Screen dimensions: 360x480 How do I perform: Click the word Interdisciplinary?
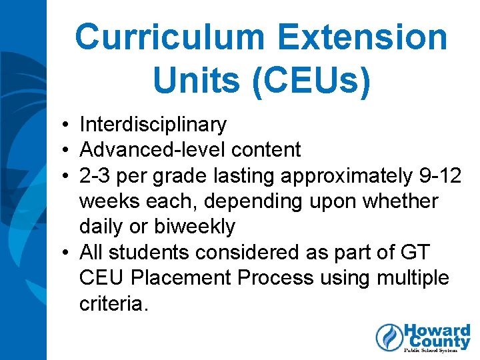pyautogui.click(x=153, y=125)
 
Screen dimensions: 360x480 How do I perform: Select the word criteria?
pyautogui.click(x=111, y=303)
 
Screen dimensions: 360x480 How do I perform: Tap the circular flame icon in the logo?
pyautogui.click(x=389, y=337)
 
